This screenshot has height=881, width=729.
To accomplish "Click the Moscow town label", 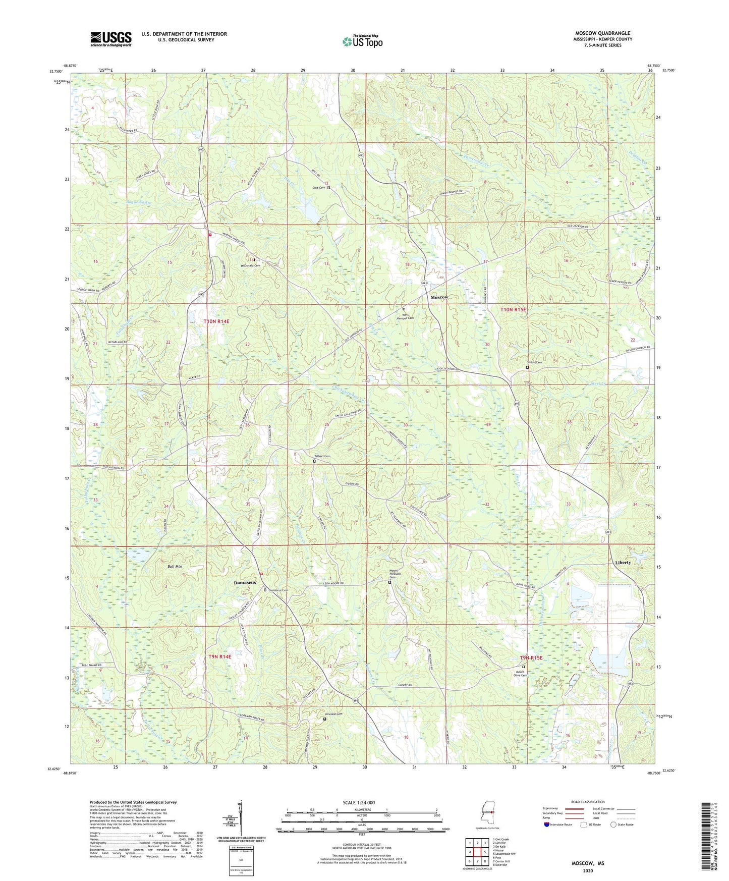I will point(439,297).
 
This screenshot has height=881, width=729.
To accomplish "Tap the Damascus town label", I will point(245,583).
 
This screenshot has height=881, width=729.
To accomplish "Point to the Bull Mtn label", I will point(175,567).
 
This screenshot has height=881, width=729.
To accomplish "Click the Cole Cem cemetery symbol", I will point(329,188).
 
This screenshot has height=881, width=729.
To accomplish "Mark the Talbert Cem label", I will point(322,456).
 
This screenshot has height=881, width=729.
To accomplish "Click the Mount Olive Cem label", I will point(521,674).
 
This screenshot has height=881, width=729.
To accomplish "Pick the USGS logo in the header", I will point(111,39).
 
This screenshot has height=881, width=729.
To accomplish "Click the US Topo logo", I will point(362,41).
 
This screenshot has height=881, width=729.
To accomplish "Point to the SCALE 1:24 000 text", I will point(359,803).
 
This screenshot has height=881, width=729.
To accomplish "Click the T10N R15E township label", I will point(513,309).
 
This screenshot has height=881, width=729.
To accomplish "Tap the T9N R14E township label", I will point(219,656).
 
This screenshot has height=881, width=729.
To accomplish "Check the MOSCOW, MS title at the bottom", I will point(588,863).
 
